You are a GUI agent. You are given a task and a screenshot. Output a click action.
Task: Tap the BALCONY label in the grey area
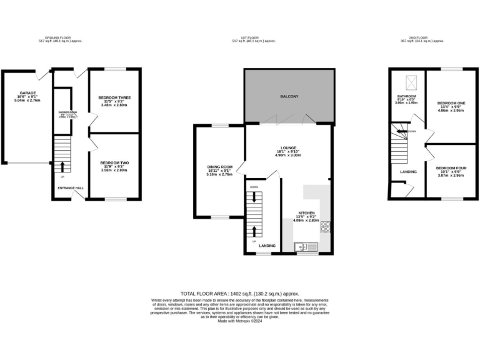(288, 96)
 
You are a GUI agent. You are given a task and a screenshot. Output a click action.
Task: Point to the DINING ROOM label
(219, 167)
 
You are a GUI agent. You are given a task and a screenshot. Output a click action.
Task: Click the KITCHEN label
(306, 212)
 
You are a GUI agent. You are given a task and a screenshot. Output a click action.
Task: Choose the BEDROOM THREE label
(114, 97)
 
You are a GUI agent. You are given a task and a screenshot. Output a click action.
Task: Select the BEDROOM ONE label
(450, 102)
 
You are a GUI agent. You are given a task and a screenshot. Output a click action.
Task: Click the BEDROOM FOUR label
(449, 168)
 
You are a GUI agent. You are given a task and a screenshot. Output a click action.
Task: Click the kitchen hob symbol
(325, 227)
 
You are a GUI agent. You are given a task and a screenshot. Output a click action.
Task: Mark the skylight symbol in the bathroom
(412, 81)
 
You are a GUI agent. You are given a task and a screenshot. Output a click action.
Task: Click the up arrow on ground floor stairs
(62, 166)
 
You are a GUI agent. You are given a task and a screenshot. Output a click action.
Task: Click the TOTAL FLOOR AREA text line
(240, 293)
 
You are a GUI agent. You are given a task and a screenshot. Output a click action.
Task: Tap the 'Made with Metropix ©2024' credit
(240, 321)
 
